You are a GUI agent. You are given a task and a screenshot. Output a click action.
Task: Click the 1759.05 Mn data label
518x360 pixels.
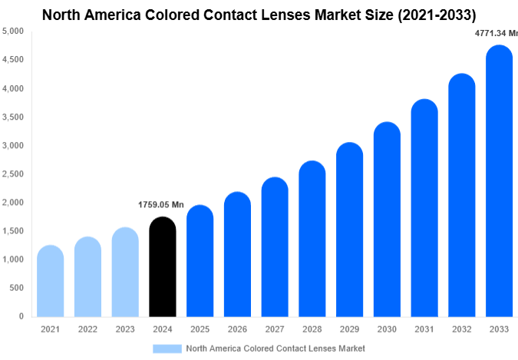[161, 205]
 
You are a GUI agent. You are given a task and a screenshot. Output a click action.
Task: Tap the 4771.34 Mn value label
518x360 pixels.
[496, 34]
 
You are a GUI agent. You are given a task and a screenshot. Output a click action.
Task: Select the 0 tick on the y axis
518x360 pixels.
[21, 316]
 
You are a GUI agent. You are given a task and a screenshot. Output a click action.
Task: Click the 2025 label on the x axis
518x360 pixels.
[200, 329]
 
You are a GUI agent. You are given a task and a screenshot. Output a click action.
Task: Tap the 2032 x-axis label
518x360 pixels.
[461, 329]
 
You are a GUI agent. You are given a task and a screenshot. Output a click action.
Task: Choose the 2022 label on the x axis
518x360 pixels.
[87, 329]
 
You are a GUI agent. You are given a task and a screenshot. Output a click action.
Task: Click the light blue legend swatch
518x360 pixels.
[167, 348]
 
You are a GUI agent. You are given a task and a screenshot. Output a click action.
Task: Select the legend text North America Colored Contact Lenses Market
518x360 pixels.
[275, 348]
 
